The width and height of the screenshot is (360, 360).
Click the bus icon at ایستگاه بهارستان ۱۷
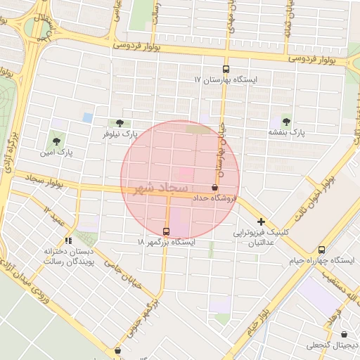(226, 69)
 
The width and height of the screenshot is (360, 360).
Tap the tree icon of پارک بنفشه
(285, 120)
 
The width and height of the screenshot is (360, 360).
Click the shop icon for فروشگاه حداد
(214, 187)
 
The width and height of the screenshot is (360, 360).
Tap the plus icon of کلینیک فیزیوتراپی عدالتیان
(262, 221)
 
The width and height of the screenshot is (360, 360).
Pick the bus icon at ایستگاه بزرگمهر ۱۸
(166, 231)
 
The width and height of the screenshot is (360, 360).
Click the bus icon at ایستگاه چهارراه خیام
(321, 250)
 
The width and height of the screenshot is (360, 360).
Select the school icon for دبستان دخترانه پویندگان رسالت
(68, 240)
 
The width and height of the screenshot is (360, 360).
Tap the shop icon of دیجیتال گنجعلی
(344, 335)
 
